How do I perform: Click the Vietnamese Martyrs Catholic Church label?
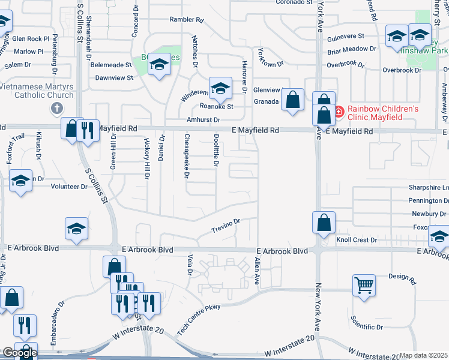37,90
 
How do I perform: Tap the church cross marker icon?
57,108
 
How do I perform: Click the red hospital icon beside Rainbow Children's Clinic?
337,110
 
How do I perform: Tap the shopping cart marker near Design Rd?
364,286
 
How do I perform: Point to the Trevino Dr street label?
226,226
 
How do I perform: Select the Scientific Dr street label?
367,327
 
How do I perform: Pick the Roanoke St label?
216,107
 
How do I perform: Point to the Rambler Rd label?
187,20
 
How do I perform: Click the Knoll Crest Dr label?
357,240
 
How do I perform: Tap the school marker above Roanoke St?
220,88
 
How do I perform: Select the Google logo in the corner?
19,353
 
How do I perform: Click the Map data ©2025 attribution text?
424,356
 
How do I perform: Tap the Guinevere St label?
346,37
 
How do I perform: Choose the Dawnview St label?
114,78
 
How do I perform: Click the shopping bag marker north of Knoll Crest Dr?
324,223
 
